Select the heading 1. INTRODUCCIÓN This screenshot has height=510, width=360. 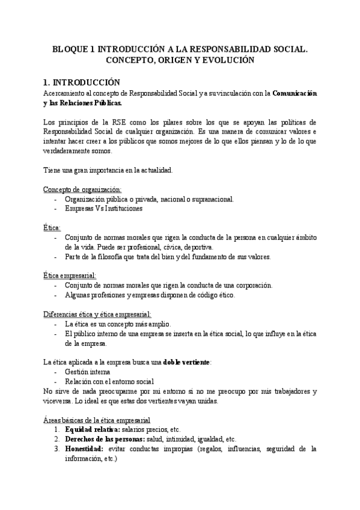82,83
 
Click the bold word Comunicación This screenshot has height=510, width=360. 294,94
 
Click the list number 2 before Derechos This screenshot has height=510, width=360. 56,439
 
